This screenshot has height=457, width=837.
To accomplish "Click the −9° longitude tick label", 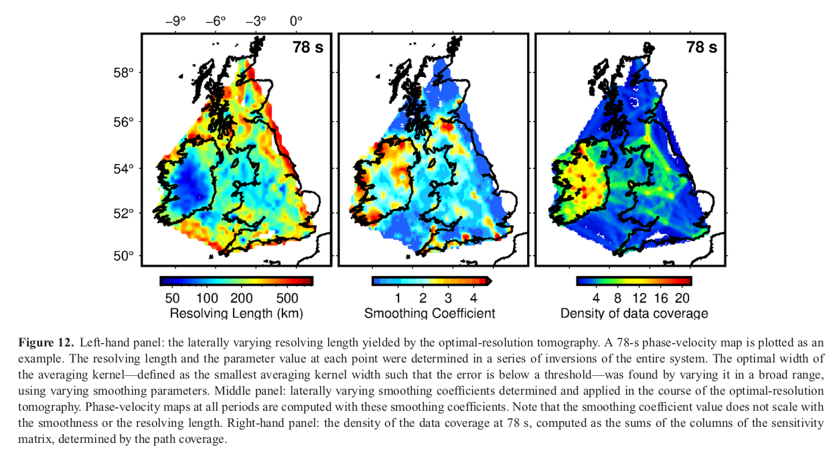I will [175, 21].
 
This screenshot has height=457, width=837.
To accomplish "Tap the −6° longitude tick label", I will [216, 21].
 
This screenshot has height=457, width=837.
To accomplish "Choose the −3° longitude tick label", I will [256, 21].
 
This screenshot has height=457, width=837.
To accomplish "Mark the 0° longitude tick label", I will [296, 21].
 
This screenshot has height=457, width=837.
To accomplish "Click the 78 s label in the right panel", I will [701, 48].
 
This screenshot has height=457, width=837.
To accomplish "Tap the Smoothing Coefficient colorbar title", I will [430, 313].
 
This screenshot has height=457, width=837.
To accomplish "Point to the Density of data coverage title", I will [634, 313].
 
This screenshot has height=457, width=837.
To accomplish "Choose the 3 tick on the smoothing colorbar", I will [448, 298].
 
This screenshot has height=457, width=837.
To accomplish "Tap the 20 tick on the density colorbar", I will [682, 298].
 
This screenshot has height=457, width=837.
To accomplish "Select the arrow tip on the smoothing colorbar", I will [491, 281].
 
